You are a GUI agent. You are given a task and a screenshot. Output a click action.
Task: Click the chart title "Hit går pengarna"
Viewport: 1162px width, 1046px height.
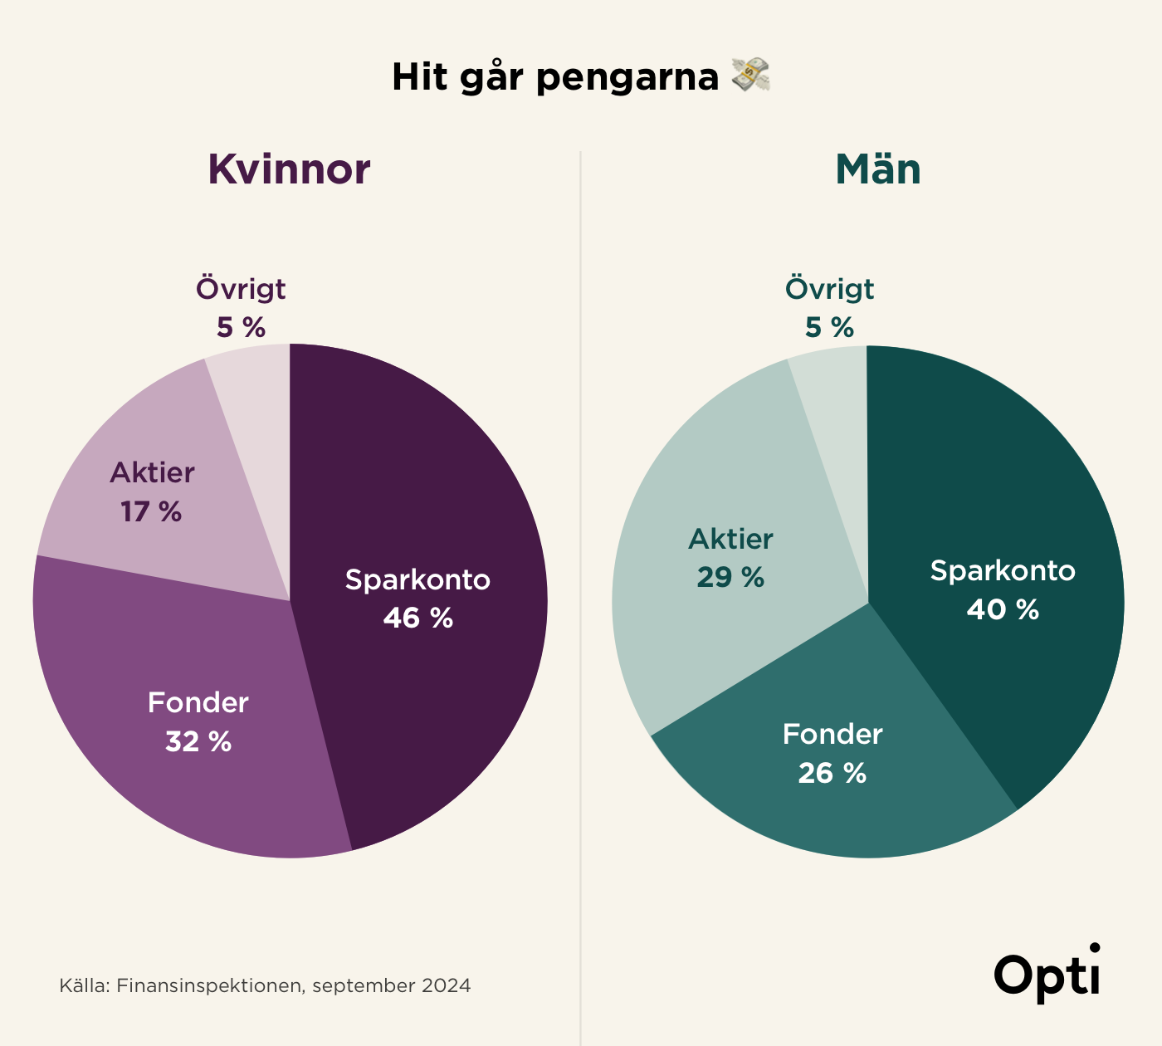[554, 77]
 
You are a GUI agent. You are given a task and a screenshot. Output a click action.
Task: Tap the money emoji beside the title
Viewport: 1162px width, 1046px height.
[750, 76]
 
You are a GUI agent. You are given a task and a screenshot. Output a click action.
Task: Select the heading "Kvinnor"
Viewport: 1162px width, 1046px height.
[289, 169]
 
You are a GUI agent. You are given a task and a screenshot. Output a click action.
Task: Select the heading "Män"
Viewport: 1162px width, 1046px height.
[878, 169]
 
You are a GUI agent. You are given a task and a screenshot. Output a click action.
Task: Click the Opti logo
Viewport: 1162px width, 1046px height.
[1047, 975]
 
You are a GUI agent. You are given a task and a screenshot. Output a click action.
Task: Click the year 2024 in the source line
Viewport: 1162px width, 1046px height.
[446, 986]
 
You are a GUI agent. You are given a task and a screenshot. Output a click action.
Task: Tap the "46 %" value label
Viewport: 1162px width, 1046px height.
[418, 618]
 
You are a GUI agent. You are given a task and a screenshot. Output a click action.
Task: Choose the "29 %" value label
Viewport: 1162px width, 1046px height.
[730, 577]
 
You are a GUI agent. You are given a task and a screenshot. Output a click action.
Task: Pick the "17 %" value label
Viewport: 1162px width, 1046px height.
[151, 511]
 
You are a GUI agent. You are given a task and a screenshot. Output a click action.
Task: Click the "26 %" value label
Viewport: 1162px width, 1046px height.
[832, 773]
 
